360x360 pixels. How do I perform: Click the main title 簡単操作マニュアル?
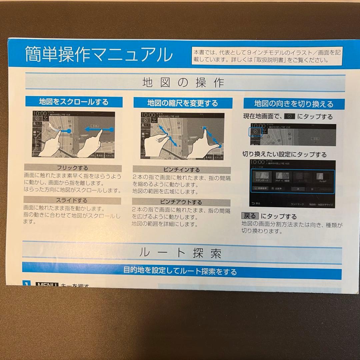99,55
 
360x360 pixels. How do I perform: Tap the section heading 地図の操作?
183,83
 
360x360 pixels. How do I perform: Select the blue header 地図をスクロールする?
74,101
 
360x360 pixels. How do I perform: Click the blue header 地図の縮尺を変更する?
183,103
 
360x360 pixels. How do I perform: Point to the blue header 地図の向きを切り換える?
293,104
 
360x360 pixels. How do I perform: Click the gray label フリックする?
72,168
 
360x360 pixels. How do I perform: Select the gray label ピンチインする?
182,170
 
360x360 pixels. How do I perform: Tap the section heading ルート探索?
180,253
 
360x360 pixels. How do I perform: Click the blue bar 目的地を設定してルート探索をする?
180,271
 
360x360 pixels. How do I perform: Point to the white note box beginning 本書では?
267,55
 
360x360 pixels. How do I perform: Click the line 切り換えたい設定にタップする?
284,155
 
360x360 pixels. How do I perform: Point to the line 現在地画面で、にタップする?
288,117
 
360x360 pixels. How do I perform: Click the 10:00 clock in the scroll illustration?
40,114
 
